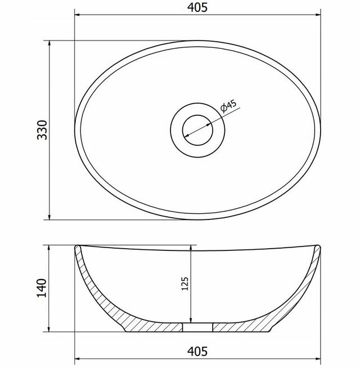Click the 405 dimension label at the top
(x=197, y=7)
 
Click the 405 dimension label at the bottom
(x=197, y=352)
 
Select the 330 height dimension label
(x=42, y=130)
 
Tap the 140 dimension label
(x=42, y=288)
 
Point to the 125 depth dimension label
(x=185, y=284)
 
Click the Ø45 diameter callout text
(x=228, y=106)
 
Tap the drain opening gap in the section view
(x=197, y=327)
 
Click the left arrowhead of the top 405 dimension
(x=77, y=15)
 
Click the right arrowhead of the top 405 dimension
(x=318, y=15)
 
